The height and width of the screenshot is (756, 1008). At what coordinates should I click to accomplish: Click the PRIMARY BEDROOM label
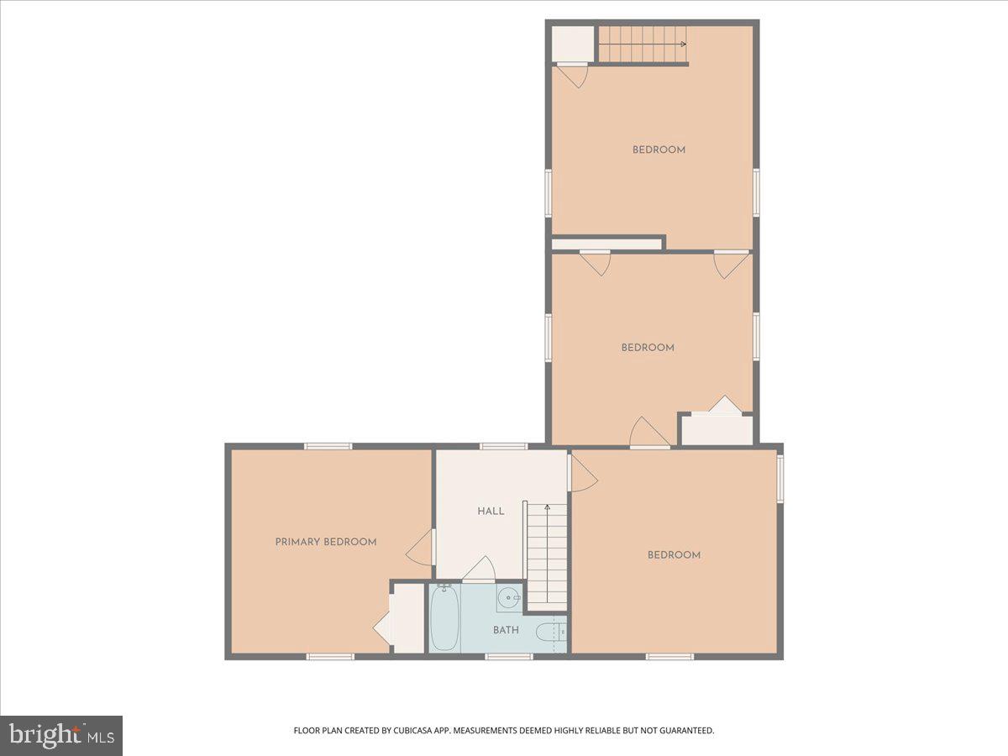[325, 542]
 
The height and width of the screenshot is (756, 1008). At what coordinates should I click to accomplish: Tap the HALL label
[491, 511]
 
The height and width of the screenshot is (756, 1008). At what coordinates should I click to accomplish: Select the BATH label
[506, 630]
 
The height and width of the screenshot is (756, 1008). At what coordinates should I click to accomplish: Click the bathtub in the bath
[444, 618]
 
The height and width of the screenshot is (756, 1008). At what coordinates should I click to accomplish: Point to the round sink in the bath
[509, 598]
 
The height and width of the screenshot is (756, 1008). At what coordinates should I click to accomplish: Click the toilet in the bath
[549, 632]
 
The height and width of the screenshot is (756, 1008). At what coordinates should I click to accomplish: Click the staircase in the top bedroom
[643, 44]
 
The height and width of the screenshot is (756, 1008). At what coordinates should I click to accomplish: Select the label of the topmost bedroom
[659, 150]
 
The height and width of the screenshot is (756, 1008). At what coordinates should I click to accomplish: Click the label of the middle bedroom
[648, 347]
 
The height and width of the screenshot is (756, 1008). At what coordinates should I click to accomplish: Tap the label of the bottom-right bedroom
[674, 554]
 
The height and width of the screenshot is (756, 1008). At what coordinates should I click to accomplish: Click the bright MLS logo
[61, 735]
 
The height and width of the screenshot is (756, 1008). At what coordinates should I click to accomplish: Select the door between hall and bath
[479, 571]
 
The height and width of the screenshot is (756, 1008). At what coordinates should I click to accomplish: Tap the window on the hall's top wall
[503, 446]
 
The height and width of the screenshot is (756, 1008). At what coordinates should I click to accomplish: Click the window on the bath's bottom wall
[509, 656]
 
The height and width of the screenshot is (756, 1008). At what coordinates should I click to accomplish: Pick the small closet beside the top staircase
[572, 44]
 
